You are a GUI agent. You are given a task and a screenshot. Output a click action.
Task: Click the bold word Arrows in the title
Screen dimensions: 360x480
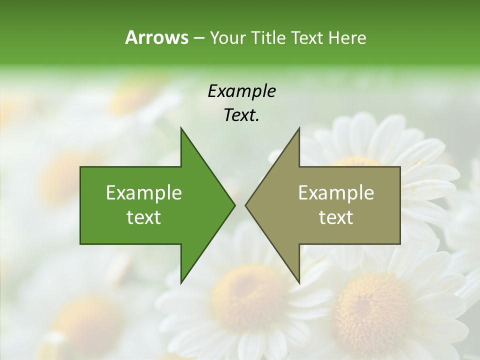point(156,37)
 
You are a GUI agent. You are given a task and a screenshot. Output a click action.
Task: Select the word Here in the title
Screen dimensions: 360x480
point(347,37)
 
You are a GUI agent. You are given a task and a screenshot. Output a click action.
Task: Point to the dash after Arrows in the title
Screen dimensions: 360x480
point(198,38)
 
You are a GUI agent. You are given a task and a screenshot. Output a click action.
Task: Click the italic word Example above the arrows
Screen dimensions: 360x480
point(241,91)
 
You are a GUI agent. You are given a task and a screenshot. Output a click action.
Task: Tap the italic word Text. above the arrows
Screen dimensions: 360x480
point(241,115)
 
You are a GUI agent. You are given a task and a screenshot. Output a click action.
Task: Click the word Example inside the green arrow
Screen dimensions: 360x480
point(144,193)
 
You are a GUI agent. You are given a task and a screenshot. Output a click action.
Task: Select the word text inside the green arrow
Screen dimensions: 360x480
point(144,217)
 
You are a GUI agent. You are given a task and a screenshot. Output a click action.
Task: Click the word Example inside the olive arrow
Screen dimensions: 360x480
point(336,193)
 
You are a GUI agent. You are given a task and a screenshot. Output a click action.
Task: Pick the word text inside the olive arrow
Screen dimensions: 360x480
point(336,217)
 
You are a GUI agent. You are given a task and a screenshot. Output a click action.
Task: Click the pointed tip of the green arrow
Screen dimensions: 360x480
point(234,205)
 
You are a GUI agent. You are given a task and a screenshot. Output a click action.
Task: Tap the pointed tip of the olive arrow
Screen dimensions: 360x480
point(245,205)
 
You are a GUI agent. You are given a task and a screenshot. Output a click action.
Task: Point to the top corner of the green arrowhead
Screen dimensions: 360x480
point(181,128)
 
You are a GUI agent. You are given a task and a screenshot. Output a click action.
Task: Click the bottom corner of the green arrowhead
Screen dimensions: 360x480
point(181,283)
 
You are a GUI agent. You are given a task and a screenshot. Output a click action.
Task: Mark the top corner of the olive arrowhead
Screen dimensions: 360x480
point(299,128)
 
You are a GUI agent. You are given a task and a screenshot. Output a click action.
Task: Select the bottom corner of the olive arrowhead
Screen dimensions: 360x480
point(299,283)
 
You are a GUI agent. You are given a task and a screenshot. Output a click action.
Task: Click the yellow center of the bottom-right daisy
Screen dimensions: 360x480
point(372,305)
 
